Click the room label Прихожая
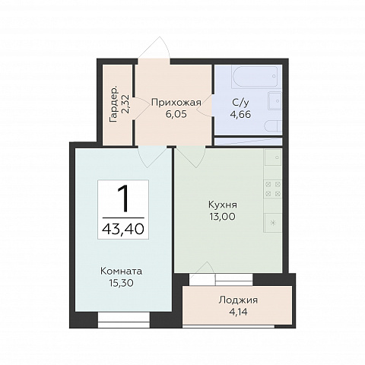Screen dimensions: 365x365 (176, 103)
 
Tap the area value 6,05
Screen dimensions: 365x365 (176, 114)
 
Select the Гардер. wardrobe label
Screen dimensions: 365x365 (114, 105)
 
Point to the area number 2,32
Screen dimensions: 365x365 (126, 105)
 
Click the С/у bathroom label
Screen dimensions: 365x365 (240, 103)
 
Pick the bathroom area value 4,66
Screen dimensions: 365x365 (240, 114)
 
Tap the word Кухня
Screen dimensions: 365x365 (223, 205)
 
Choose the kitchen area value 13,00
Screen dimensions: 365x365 (223, 217)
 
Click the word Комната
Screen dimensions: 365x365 (122, 271)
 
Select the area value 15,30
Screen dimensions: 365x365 (122, 283)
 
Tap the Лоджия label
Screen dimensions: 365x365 (238, 300)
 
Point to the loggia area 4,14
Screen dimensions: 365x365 (238, 312)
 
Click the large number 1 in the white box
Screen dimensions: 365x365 (124, 198)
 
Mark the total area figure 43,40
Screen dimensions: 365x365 (123, 229)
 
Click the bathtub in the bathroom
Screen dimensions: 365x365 (256, 76)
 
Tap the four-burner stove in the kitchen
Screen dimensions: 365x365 (273, 189)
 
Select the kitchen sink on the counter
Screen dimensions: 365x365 (273, 157)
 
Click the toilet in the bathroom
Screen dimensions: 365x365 (274, 126)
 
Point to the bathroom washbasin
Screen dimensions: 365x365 (275, 101)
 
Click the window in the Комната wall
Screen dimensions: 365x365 (124, 320)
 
